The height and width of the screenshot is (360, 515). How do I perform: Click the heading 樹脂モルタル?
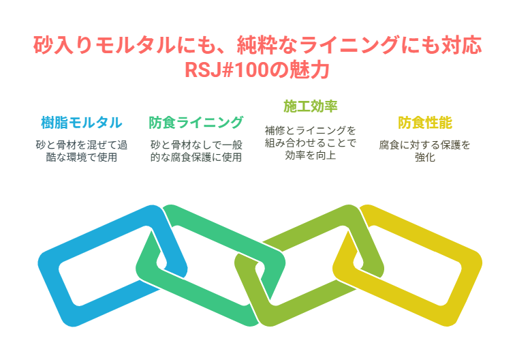point(82,123)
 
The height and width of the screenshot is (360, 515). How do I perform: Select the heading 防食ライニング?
point(196,123)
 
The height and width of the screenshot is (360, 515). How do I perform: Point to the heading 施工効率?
point(311,106)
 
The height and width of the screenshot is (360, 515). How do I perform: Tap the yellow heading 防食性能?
point(425,123)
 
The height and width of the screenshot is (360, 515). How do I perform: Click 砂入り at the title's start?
point(63,45)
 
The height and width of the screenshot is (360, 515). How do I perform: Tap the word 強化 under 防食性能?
point(425,157)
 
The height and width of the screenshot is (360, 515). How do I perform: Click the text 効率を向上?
point(311,155)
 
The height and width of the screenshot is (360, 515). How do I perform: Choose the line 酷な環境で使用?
point(82,157)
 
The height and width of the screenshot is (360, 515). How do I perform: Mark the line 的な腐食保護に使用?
point(196,157)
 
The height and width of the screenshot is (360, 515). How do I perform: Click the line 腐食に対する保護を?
point(425,145)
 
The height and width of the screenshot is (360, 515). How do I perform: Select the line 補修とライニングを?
point(311,130)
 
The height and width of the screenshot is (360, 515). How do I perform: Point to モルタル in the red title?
point(136,45)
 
